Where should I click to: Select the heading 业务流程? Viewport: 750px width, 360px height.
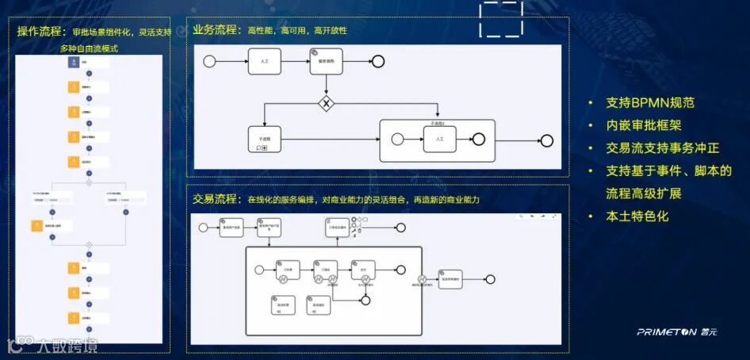pyautogui.click(x=215, y=30)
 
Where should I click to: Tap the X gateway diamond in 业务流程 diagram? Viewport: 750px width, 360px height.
pyautogui.click(x=325, y=103)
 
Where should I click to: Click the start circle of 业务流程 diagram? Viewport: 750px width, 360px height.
pyautogui.click(x=209, y=61)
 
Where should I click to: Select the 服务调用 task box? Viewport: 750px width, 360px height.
pyautogui.click(x=324, y=62)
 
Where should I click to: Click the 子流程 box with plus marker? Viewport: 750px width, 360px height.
pyautogui.click(x=264, y=139)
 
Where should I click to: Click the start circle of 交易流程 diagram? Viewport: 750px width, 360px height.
pyautogui.click(x=203, y=228)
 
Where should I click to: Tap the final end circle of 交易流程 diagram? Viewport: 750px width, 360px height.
pyautogui.click(x=490, y=279)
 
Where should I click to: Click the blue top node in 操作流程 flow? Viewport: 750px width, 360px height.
pyautogui.click(x=74, y=63)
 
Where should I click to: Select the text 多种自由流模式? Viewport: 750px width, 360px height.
pyautogui.click(x=89, y=49)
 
